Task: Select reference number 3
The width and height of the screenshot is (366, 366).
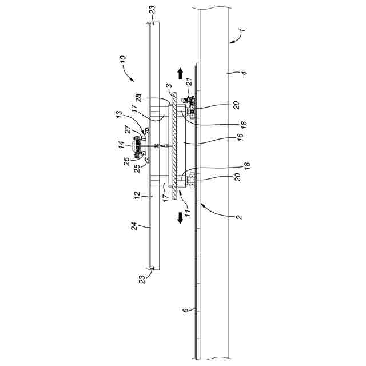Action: click(x=168, y=87)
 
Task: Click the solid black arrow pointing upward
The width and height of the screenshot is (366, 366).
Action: click(x=180, y=73)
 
